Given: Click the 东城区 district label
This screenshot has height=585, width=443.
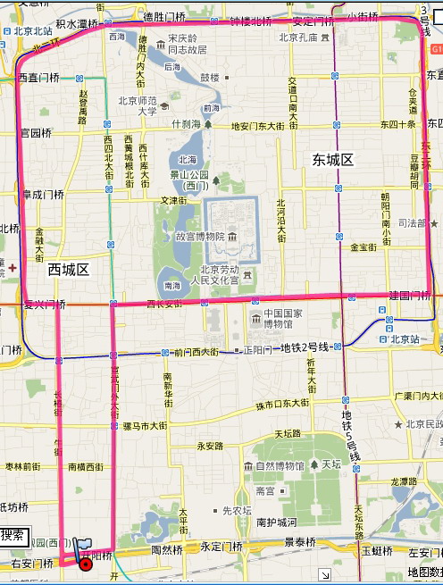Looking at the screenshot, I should tap(333, 160).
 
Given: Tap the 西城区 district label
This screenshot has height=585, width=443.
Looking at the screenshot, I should tap(69, 269).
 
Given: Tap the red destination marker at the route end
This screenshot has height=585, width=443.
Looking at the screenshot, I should tap(85, 564).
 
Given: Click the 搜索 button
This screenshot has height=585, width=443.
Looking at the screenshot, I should tap(13, 536).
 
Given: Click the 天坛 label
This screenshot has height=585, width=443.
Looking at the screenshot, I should tap(330, 464).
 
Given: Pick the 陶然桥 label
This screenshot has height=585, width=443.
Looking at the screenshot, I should tap(167, 551).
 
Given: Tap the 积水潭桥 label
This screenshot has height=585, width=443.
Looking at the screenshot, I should tap(77, 24).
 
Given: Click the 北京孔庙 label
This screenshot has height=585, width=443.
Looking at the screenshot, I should tap(298, 38).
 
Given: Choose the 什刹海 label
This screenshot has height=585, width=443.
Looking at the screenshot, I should tap(187, 124).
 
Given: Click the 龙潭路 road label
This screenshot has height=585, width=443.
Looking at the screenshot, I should tap(405, 481).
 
